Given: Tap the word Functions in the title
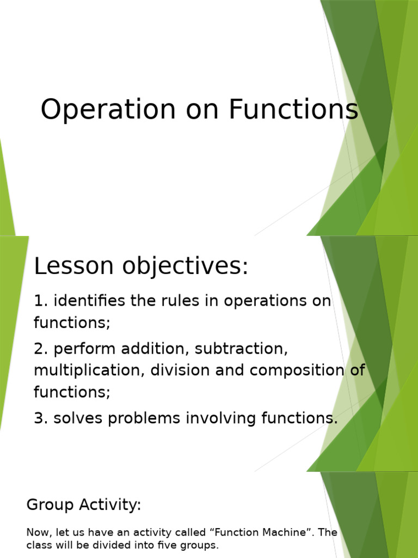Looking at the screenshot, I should coord(293,110).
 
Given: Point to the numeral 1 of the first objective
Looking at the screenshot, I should coord(38,301).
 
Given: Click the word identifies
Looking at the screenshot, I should coord(89,301).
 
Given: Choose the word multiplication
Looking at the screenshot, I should coord(89,371).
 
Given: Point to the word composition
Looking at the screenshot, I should coord(295,371).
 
